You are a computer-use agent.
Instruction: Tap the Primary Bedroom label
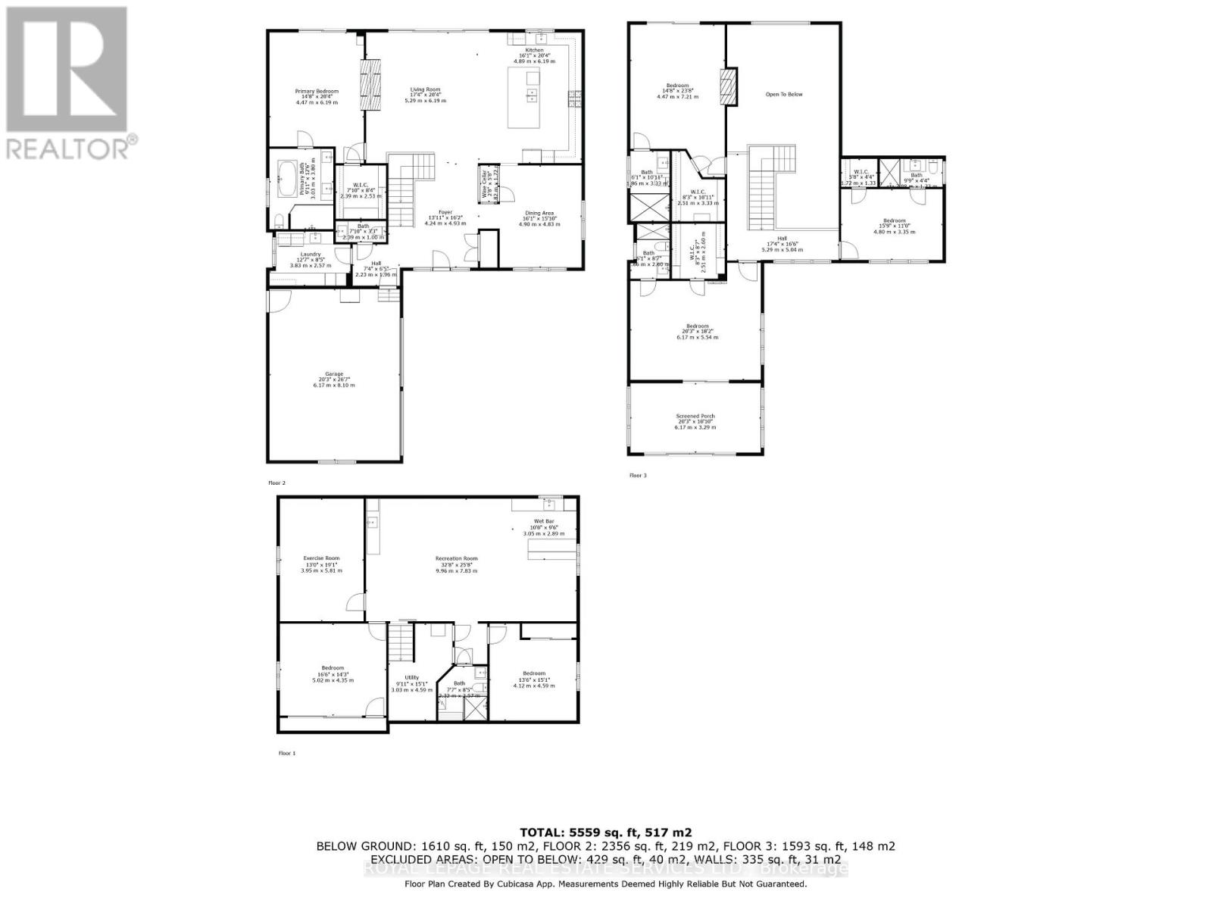[x=317, y=92]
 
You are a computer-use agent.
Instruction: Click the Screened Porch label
[x=695, y=416]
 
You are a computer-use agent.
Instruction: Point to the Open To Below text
[x=783, y=95]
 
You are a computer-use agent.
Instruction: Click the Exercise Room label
[x=321, y=558]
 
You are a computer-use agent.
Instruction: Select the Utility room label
[x=411, y=678]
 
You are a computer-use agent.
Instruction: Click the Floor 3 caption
[x=638, y=476]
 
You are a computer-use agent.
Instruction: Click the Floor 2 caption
[x=276, y=483]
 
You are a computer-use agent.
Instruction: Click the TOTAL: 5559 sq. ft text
[x=605, y=832]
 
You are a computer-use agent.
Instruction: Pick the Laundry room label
[x=311, y=255]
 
